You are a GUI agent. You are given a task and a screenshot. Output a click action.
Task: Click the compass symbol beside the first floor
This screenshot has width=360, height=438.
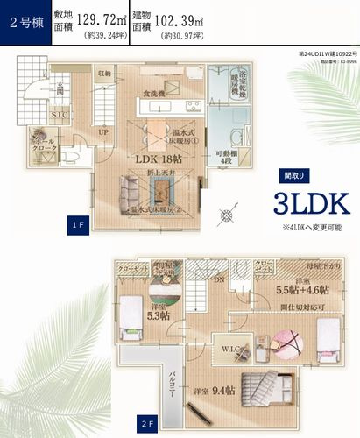tap(228, 213)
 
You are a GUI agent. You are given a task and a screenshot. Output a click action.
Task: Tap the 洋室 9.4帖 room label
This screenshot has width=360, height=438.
tap(215, 390)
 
